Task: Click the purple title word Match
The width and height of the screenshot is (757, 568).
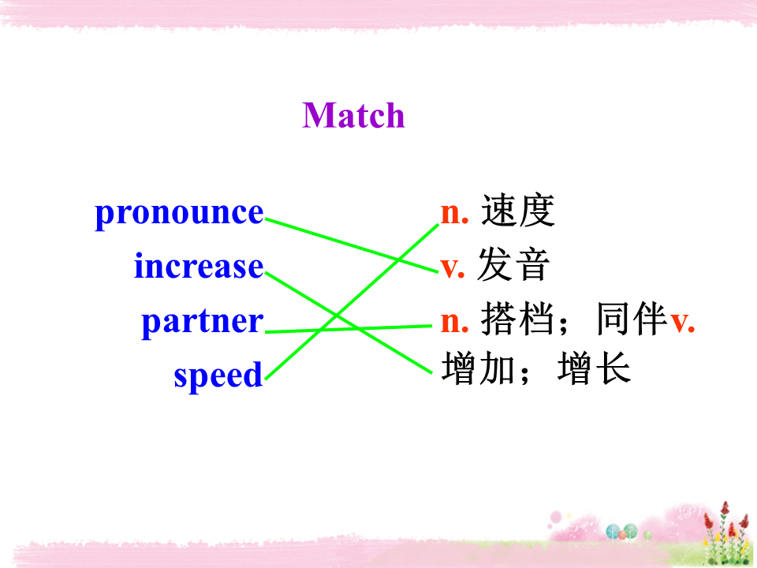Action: coord(353,115)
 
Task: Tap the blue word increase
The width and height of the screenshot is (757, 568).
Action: coord(199,266)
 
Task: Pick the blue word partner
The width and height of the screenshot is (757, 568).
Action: coord(203,322)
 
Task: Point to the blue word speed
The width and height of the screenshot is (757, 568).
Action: coord(218,375)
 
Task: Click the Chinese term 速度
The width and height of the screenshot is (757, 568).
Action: coord(517,211)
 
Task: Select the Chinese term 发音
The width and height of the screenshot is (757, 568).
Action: coord(513,265)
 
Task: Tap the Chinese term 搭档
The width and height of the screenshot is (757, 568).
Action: coord(517,319)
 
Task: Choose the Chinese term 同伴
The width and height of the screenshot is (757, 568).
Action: coord(632,319)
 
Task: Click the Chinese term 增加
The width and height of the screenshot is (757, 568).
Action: coord(478,369)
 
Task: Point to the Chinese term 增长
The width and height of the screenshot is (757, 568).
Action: coord(594,369)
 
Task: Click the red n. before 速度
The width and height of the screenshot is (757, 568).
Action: coord(455,214)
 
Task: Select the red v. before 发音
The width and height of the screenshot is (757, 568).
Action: coord(453,267)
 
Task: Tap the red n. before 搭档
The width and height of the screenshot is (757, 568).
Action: coord(455,322)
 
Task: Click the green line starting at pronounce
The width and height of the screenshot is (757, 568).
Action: coord(352,245)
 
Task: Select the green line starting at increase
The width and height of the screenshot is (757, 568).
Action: coord(349,323)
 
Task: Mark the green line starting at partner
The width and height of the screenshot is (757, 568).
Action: coord(349,329)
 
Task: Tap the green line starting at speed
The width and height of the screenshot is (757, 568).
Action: coord(352,301)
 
